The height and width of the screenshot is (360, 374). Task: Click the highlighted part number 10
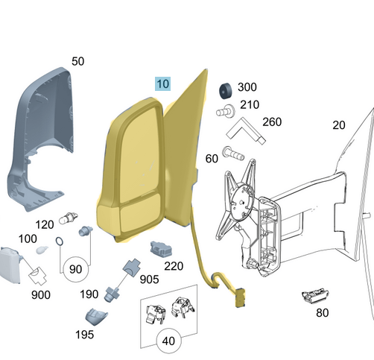click(x=163, y=83)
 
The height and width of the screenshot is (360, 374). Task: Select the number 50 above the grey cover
click(x=77, y=61)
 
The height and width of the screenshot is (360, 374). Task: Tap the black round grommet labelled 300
click(x=226, y=91)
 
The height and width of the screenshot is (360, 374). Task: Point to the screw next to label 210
click(x=226, y=111)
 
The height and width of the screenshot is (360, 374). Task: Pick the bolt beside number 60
click(x=233, y=154)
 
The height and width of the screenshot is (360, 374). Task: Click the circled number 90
click(x=76, y=269)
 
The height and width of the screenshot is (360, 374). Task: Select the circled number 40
click(x=169, y=341)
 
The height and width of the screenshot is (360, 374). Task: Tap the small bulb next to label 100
click(x=42, y=250)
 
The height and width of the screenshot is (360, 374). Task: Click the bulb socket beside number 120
click(x=68, y=218)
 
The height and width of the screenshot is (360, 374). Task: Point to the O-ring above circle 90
click(x=60, y=241)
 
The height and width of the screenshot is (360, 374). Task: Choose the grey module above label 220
click(x=161, y=248)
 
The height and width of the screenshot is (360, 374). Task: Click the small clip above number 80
click(x=315, y=296)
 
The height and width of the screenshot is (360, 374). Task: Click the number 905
click(x=149, y=280)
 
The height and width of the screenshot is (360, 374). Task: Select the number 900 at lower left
click(x=41, y=295)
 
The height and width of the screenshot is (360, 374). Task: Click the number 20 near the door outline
click(x=339, y=125)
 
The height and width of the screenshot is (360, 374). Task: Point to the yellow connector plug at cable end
click(x=240, y=297)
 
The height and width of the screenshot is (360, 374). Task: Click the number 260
click(x=272, y=122)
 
